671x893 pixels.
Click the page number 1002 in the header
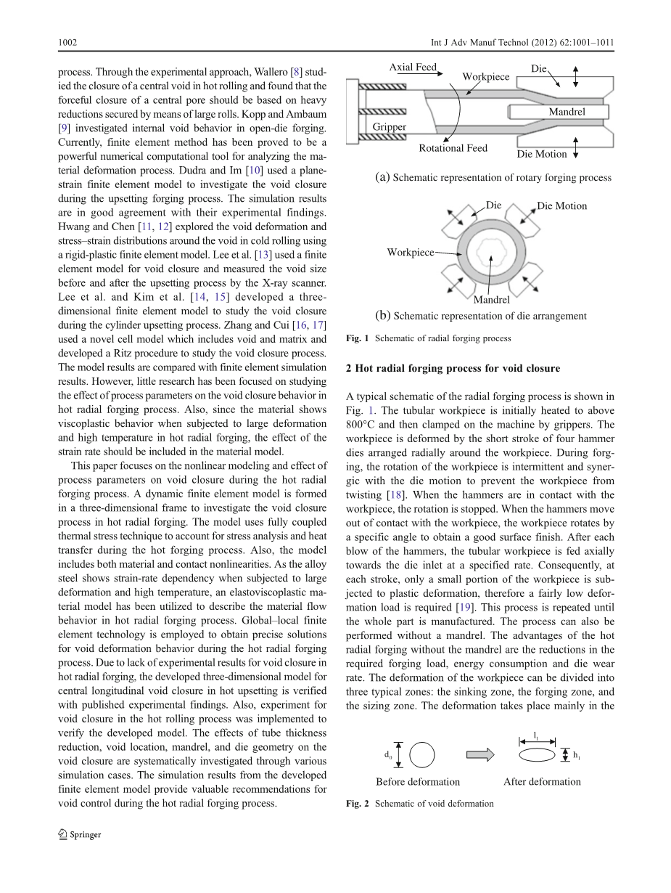(x=67, y=43)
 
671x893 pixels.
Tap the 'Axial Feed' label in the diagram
(x=413, y=68)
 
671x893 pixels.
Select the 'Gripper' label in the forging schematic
(x=390, y=127)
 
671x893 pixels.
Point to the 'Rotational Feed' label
(x=453, y=148)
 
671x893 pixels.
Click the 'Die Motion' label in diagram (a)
(x=542, y=154)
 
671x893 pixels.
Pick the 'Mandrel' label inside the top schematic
(x=567, y=112)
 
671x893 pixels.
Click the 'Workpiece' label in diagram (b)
(x=411, y=253)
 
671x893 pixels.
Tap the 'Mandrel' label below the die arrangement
(x=491, y=300)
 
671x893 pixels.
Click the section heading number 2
(x=349, y=368)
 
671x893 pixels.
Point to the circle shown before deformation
(x=421, y=756)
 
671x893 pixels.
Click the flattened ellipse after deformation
(x=537, y=755)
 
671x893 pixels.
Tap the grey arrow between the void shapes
(x=479, y=755)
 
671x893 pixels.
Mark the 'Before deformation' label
(x=418, y=782)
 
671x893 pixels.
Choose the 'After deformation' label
(x=542, y=782)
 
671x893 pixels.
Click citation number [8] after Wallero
(x=296, y=71)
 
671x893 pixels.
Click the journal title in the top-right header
(x=532, y=43)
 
